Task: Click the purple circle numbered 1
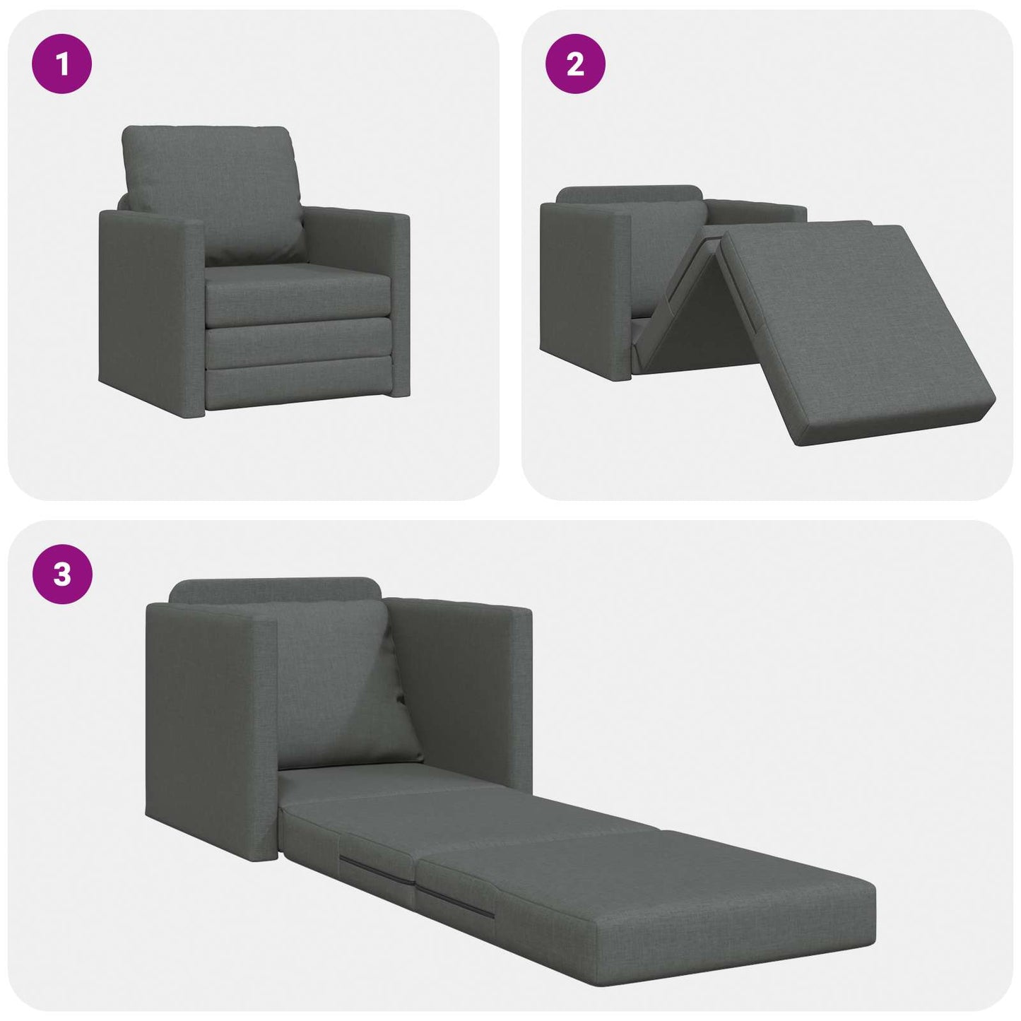62,64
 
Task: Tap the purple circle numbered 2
575,64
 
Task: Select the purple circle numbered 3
62,574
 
